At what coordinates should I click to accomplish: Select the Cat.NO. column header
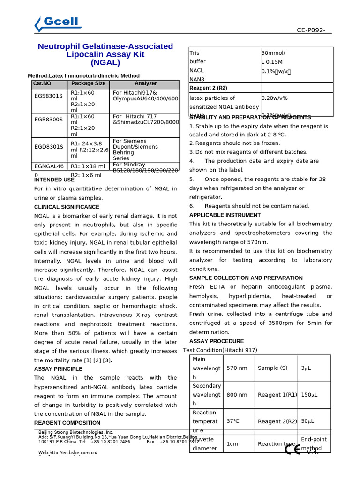pyautogui.click(x=43, y=83)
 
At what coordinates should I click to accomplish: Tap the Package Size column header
pyautogui.click(x=88, y=83)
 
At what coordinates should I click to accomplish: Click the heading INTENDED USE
pyautogui.click(x=54, y=180)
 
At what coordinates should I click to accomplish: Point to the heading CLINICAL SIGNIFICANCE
pyautogui.click(x=67, y=207)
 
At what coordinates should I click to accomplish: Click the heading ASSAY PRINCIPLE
pyautogui.click(x=58, y=369)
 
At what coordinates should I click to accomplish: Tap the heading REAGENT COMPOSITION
pyautogui.click(x=67, y=423)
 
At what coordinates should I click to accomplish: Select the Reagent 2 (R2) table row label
pyautogui.click(x=208, y=88)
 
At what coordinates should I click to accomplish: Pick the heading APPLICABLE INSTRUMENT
pyautogui.click(x=225, y=215)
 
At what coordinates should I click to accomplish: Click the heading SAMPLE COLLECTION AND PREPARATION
pyautogui.click(x=246, y=278)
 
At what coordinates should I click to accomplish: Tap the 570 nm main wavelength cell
pyautogui.click(x=237, y=368)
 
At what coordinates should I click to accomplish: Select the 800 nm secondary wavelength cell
pyautogui.click(x=237, y=395)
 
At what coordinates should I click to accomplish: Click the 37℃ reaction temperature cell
pyautogui.click(x=233, y=421)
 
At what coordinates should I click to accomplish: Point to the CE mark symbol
pyautogui.click(x=293, y=450)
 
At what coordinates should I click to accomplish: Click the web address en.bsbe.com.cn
pyautogui.click(x=68, y=453)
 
